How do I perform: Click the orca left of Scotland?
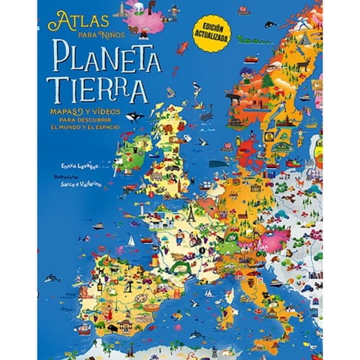pyautogui.click(x=134, y=116)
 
